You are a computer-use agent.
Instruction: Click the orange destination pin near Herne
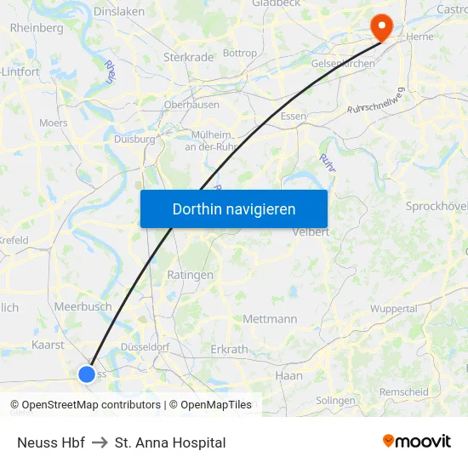pos(382,26)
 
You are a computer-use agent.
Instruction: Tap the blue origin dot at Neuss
pos(87,374)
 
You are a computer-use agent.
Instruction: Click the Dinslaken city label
pos(118,13)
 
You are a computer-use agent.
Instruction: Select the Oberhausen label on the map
pos(191,106)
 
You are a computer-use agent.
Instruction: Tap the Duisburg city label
pos(134,139)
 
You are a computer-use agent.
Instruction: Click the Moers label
pos(54,123)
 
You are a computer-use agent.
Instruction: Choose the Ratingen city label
pos(191,276)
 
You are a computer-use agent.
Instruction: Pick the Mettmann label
pos(270,319)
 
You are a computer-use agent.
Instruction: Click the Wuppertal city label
pos(393,309)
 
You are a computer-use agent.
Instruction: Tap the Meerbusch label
pos(83,306)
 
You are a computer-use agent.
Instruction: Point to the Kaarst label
pos(48,345)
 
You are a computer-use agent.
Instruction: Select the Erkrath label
pos(228,350)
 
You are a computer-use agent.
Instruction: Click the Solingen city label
pos(335,400)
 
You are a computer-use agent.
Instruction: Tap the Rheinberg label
pos(37,28)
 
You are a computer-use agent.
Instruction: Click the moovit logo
pos(417,442)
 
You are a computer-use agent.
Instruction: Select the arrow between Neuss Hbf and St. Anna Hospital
pos(100,442)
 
